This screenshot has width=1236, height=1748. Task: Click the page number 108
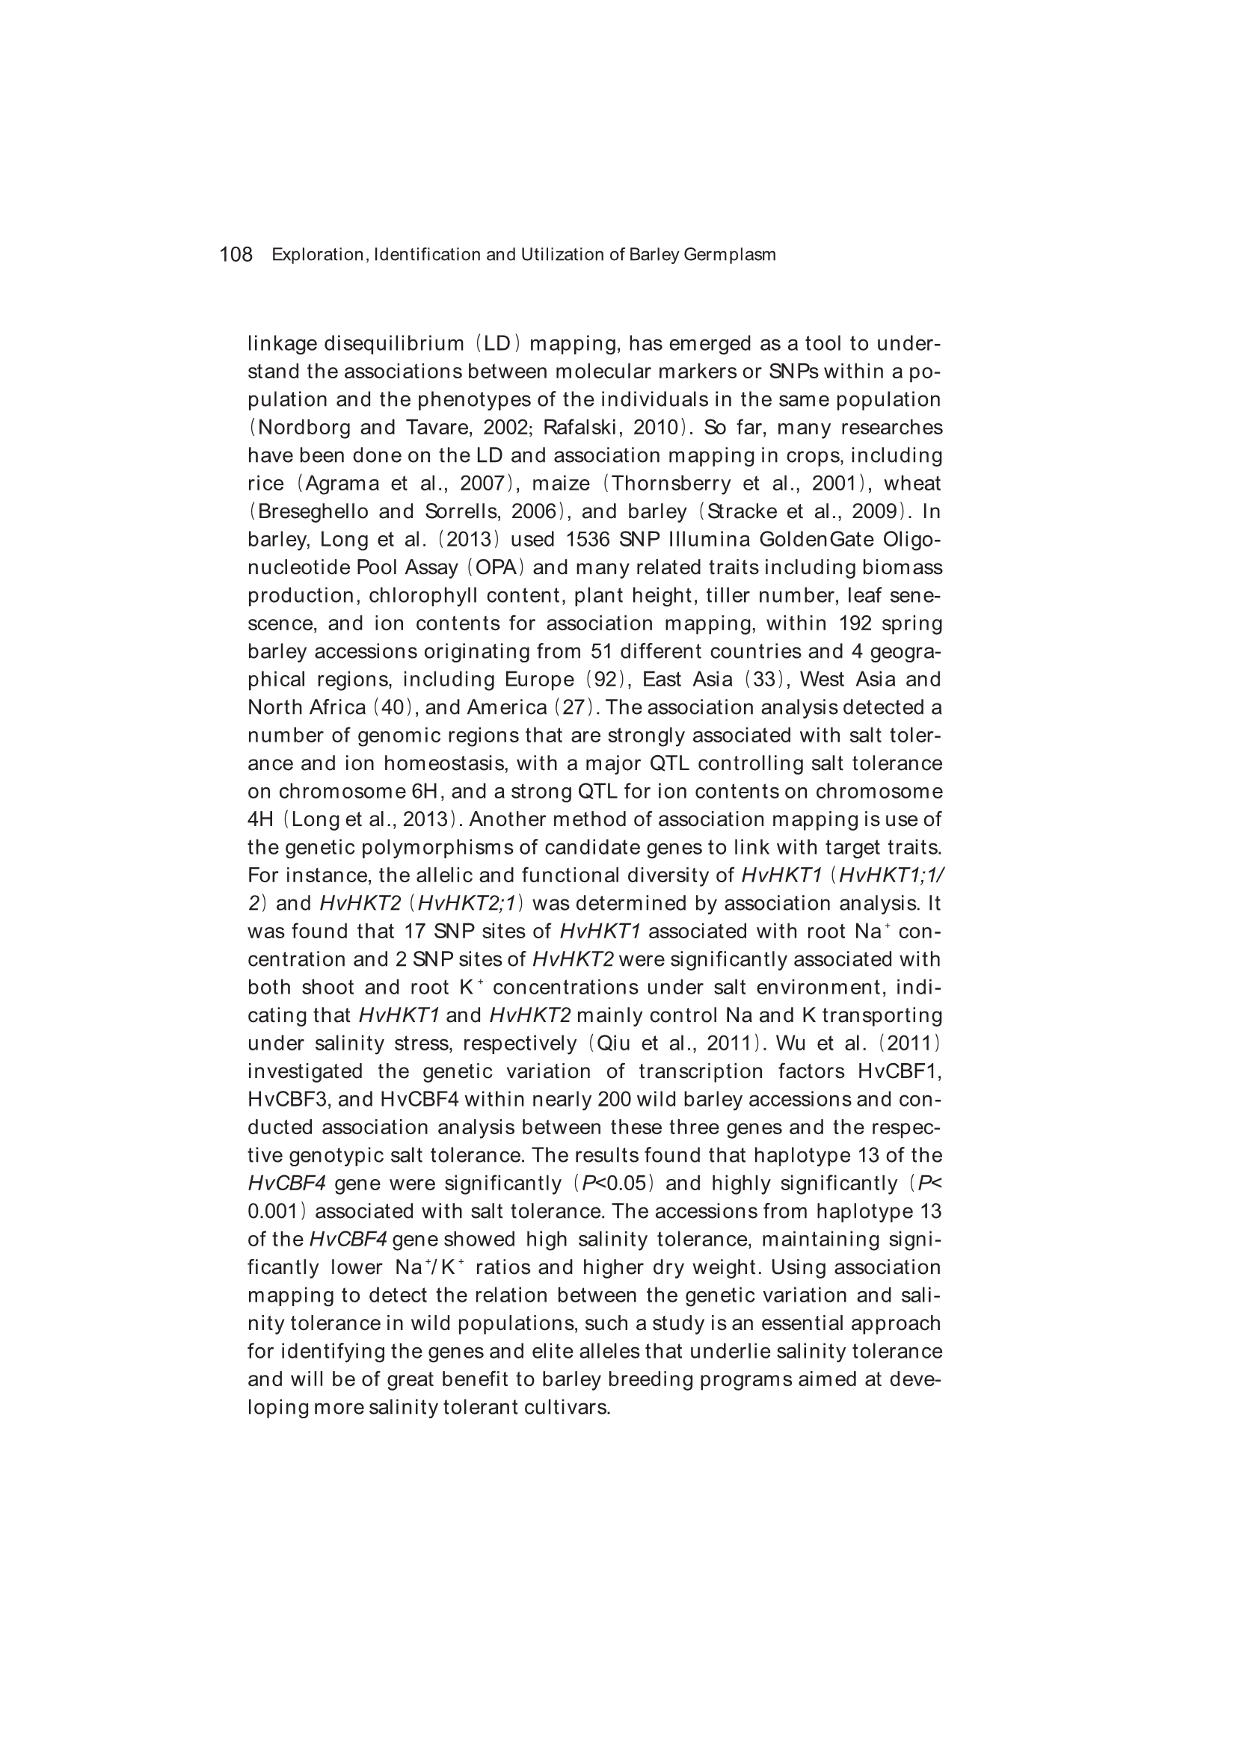click(x=236, y=254)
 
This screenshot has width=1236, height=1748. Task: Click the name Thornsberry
click(x=670, y=484)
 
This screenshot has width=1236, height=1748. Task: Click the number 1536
click(x=587, y=540)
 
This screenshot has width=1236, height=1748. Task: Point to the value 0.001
click(x=275, y=1212)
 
